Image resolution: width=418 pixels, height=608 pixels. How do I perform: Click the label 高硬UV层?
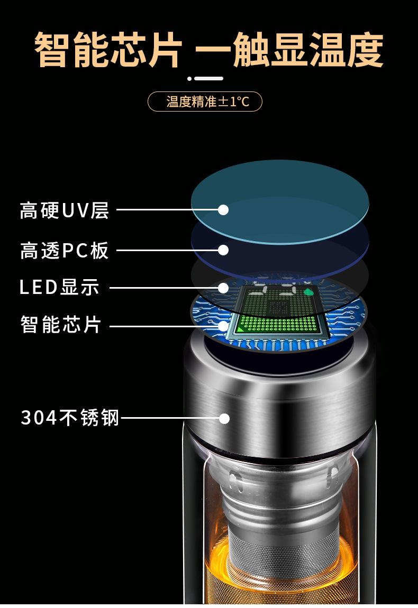[64, 210]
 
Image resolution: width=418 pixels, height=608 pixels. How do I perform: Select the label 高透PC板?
[64, 250]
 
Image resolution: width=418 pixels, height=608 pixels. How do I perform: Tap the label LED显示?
[59, 288]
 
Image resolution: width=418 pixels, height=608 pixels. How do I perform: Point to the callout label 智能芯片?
[60, 325]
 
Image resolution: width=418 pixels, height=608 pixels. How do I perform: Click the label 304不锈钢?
[70, 418]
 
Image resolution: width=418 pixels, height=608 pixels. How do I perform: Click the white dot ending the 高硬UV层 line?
[223, 210]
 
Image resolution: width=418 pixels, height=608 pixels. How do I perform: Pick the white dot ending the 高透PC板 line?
[223, 250]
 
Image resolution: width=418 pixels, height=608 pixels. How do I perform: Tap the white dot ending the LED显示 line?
[223, 288]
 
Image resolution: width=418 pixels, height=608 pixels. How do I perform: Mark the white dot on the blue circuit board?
[223, 326]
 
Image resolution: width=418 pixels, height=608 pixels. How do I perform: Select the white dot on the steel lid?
[224, 419]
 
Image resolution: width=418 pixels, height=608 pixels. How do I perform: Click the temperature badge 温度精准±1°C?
[205, 102]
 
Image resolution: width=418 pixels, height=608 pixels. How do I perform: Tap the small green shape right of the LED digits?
[308, 291]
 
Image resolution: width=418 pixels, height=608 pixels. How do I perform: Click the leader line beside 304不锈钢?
[169, 419]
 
